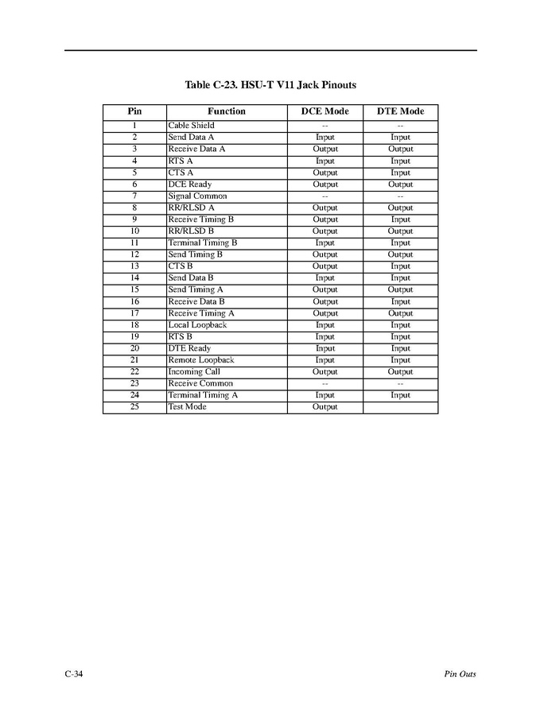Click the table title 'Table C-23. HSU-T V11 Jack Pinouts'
point(275,85)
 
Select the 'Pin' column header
point(134,111)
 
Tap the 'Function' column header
point(227,111)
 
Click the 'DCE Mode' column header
point(325,111)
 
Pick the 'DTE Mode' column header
point(400,111)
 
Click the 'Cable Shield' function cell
point(191,126)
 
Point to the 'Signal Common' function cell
point(197,196)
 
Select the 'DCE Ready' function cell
point(189,184)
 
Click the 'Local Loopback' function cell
point(197,325)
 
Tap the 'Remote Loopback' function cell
point(200,360)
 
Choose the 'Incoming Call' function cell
point(194,371)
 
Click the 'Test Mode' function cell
point(187,407)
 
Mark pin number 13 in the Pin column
point(134,266)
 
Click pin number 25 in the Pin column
point(134,407)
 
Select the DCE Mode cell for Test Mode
point(325,407)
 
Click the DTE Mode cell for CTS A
point(400,173)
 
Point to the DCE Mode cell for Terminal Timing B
point(325,243)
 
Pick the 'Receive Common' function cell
point(200,383)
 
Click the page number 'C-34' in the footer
point(74,674)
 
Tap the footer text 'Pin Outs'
point(460,674)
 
